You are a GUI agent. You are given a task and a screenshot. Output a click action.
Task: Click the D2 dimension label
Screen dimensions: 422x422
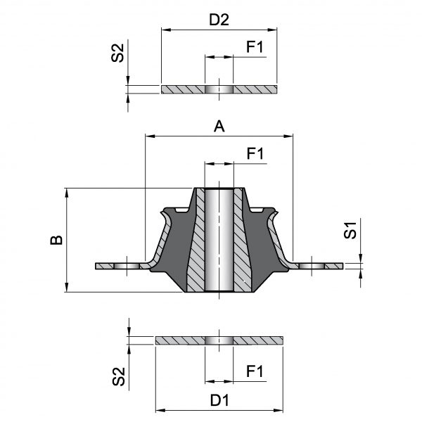[x=219, y=20]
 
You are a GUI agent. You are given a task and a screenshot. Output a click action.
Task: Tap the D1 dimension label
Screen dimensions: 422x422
[x=219, y=400]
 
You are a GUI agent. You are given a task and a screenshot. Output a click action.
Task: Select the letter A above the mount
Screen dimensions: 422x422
[x=219, y=126]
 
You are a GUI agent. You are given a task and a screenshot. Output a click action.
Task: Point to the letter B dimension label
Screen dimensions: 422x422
[x=56, y=240]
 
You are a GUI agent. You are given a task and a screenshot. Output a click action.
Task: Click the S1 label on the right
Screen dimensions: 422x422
[x=350, y=231]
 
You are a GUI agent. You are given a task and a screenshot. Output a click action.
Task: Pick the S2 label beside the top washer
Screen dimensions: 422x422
[x=117, y=53]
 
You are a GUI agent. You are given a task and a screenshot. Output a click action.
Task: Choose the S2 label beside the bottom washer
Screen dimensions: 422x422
[x=118, y=376]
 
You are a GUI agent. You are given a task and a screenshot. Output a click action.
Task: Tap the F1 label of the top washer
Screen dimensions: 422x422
[x=255, y=47]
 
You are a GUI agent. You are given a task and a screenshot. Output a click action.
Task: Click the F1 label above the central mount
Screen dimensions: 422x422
[x=255, y=153]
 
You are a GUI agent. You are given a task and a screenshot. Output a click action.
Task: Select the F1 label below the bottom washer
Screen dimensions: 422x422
[x=255, y=371]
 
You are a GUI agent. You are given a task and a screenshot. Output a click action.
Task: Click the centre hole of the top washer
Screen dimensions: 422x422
[x=219, y=89]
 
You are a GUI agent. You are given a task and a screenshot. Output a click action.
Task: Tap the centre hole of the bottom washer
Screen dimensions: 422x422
[x=219, y=340]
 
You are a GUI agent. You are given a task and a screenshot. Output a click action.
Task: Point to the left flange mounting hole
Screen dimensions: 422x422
[x=127, y=266]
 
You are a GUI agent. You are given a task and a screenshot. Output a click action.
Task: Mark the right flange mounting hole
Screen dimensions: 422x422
[x=312, y=266]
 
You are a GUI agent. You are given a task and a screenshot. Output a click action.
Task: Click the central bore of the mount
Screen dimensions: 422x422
[x=219, y=240]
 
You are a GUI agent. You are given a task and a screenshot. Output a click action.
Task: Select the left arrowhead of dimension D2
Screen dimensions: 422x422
[x=166, y=30]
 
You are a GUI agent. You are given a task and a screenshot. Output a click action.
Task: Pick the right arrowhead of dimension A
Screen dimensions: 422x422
[x=288, y=136]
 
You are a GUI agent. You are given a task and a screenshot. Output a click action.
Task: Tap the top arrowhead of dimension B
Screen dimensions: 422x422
[x=67, y=193]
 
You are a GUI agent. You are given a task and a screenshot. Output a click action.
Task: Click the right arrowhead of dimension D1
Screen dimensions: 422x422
[x=279, y=411]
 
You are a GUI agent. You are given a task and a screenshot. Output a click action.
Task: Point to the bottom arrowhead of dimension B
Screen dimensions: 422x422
[x=67, y=287]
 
